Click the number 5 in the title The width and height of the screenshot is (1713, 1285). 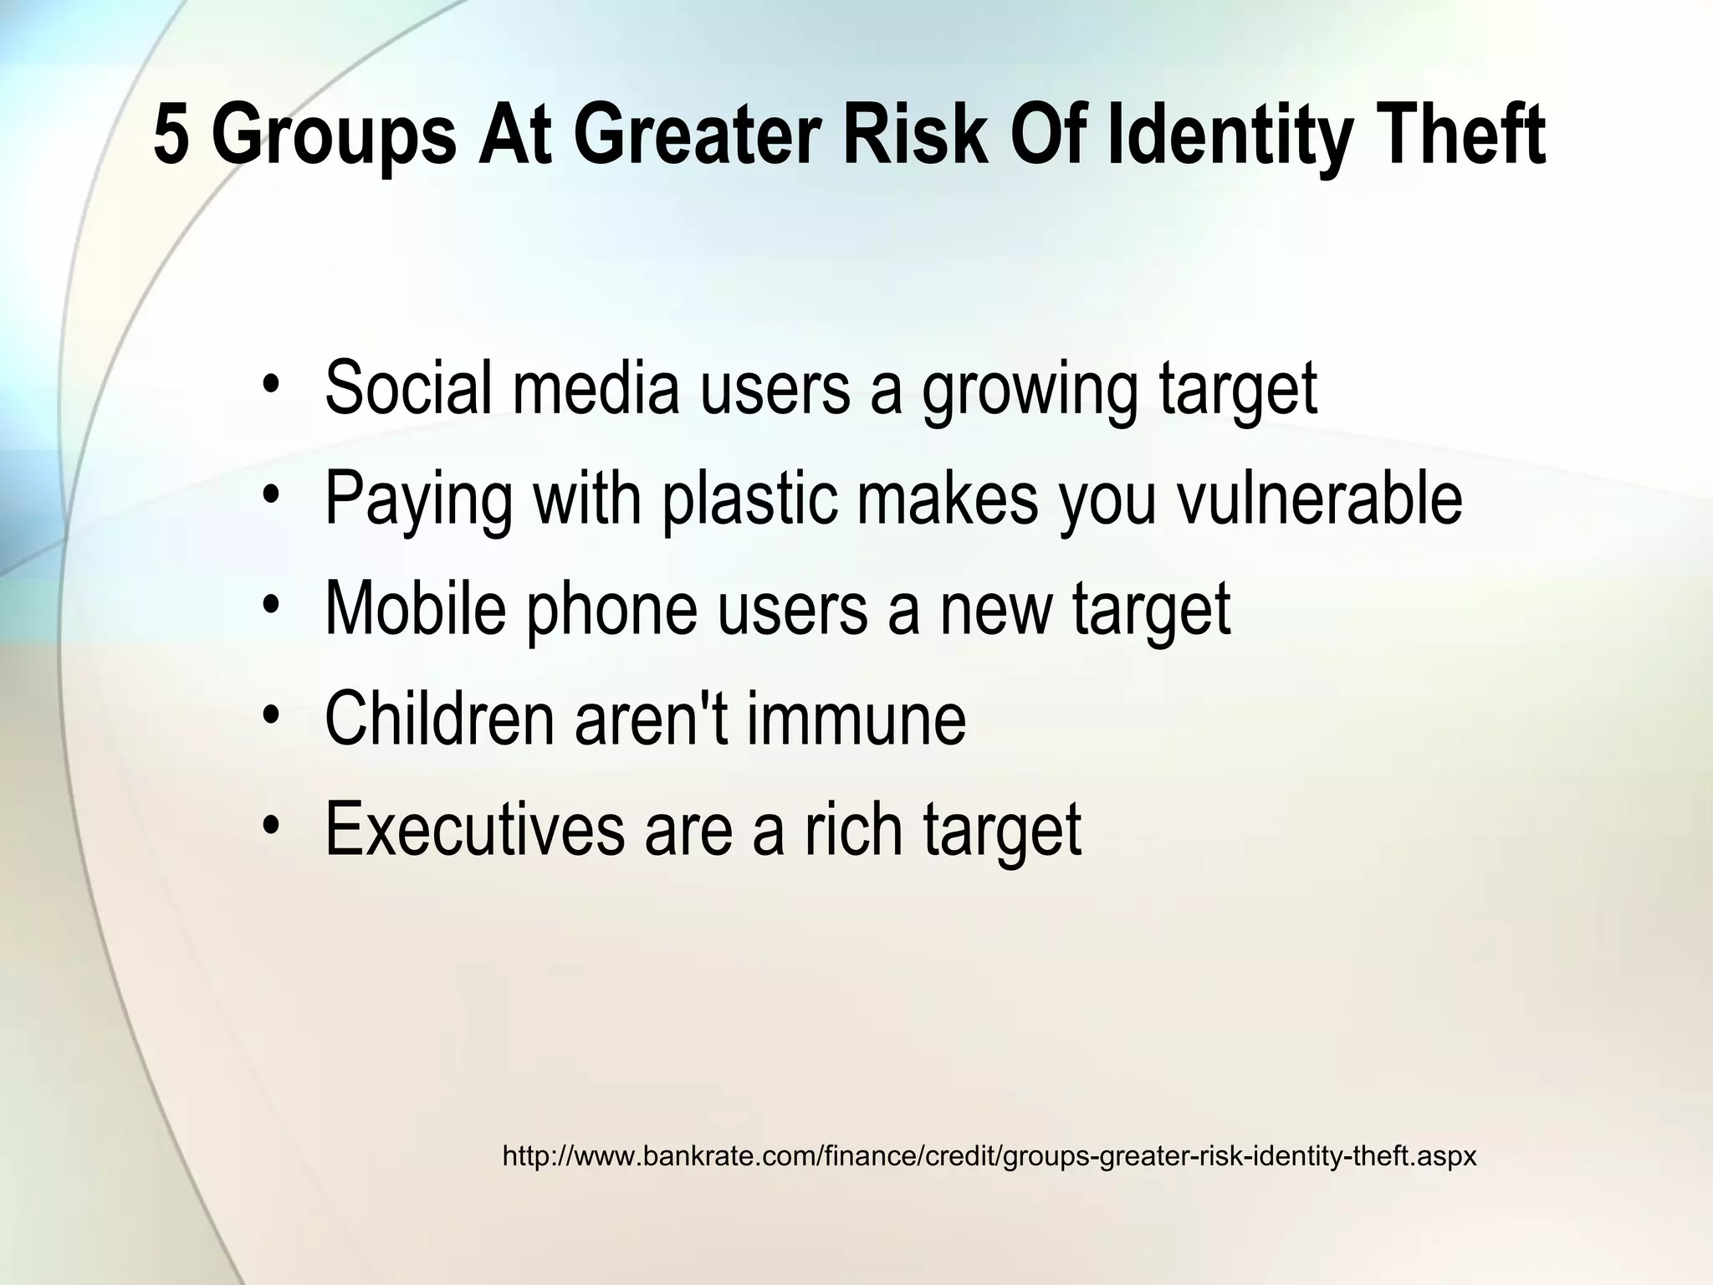[x=173, y=136]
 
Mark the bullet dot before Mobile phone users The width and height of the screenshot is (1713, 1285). [x=269, y=606]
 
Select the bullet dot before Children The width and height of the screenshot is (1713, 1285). [x=269, y=716]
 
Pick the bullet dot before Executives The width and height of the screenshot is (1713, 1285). [x=269, y=827]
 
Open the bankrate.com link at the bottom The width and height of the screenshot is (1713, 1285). [x=989, y=1157]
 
